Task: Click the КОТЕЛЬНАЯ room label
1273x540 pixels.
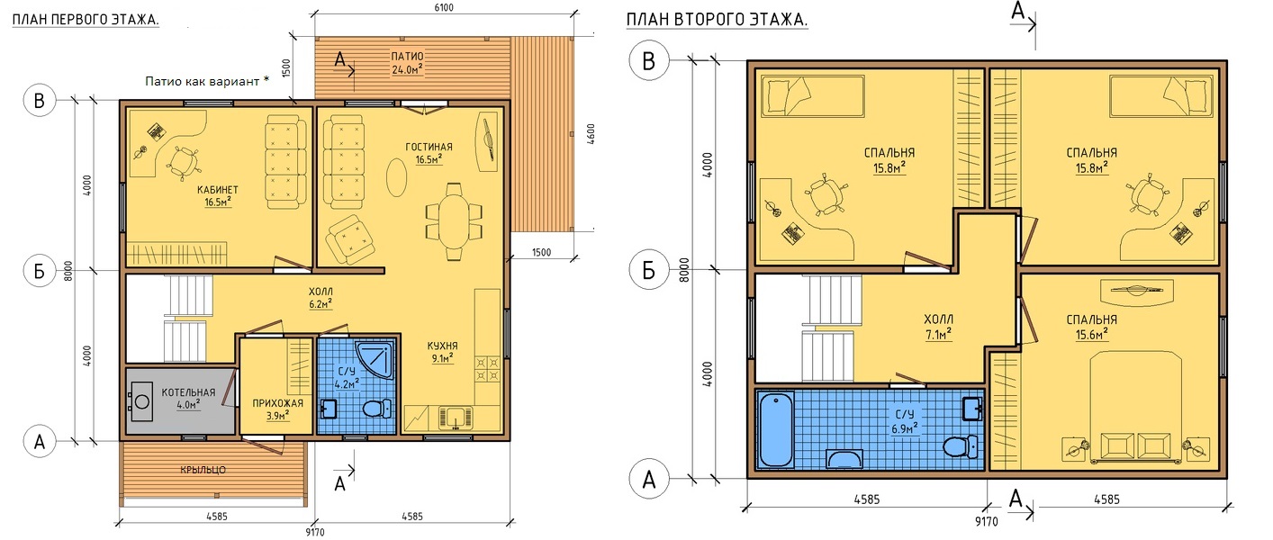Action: click(x=188, y=392)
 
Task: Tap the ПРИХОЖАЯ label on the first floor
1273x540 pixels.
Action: click(x=277, y=403)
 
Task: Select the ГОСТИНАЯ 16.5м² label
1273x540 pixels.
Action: click(x=429, y=153)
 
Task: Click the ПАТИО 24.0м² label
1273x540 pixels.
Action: click(x=408, y=63)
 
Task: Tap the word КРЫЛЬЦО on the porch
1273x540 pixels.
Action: click(x=203, y=470)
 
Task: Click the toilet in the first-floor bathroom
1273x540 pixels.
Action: click(x=376, y=408)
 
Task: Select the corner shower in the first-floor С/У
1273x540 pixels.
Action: click(x=375, y=360)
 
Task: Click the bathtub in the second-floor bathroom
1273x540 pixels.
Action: click(x=776, y=430)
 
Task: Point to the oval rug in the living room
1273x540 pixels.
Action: click(x=396, y=176)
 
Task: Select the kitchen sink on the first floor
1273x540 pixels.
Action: click(x=456, y=418)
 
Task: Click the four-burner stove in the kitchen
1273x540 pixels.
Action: click(x=488, y=370)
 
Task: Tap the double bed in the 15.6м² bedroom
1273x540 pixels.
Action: click(x=1135, y=406)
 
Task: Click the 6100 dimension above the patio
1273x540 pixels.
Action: click(x=443, y=7)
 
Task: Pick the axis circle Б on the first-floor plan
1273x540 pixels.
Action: click(x=40, y=271)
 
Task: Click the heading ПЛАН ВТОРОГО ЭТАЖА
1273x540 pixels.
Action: click(x=718, y=20)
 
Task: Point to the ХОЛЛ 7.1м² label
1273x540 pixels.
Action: click(x=938, y=327)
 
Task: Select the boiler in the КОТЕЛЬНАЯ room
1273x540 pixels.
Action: click(x=141, y=400)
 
